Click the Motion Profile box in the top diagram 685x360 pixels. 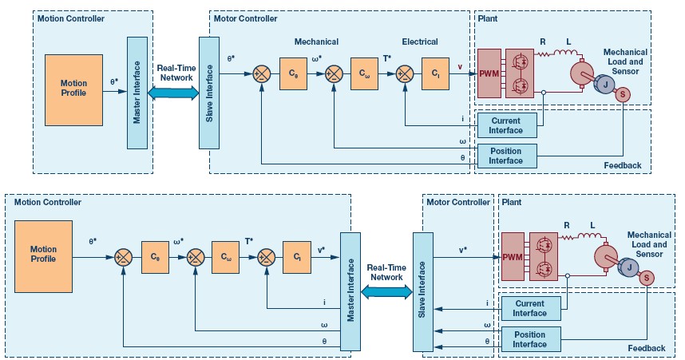[73, 90]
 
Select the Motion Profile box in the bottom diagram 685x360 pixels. [43, 256]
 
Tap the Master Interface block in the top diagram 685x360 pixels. [137, 93]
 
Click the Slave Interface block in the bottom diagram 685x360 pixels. [423, 291]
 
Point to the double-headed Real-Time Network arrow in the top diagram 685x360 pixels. [173, 93]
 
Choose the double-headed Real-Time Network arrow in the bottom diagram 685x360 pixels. [386, 292]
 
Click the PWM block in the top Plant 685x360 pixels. [489, 73]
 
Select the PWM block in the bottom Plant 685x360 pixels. [513, 257]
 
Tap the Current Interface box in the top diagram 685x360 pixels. [507, 125]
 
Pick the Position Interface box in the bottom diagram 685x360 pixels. [530, 339]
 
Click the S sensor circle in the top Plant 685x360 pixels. [623, 94]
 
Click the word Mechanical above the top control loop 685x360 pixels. [316, 42]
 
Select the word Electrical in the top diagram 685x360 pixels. [420, 42]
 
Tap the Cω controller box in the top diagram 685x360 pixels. [364, 73]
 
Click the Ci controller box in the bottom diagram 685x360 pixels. [297, 257]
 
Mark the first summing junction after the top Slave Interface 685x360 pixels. [262, 73]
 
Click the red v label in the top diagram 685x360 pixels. [460, 67]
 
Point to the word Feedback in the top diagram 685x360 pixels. [623, 165]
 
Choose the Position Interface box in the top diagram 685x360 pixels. [507, 156]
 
